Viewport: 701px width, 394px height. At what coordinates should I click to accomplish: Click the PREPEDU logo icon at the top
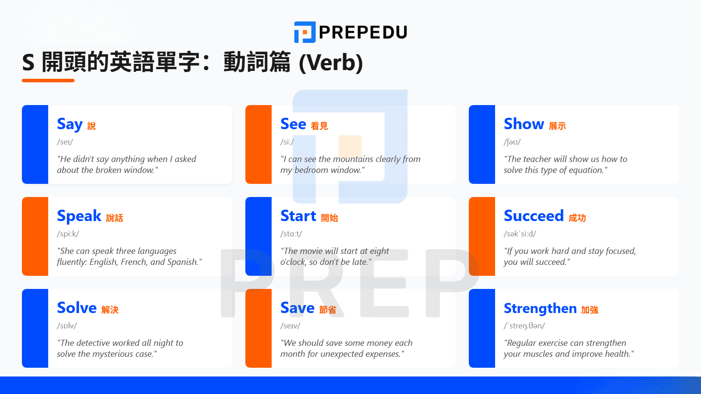[304, 32]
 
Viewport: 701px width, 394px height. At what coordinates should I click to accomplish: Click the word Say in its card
[70, 124]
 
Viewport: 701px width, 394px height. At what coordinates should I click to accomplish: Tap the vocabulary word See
[293, 124]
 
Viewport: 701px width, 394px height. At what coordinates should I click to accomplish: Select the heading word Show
[524, 124]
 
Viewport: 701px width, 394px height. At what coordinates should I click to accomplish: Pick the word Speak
[79, 216]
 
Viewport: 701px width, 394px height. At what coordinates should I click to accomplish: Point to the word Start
[298, 216]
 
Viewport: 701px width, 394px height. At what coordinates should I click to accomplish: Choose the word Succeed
[533, 216]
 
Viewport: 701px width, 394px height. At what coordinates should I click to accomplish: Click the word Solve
[77, 308]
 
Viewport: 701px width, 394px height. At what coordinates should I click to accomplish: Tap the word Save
[297, 308]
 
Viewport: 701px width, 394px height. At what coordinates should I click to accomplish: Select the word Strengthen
[540, 308]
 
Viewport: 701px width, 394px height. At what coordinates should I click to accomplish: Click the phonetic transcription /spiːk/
[68, 234]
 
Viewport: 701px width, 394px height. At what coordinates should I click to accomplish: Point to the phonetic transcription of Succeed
[520, 234]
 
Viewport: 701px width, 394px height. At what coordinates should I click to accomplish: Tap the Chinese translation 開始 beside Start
[329, 218]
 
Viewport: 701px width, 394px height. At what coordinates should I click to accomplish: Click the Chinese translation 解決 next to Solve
[110, 310]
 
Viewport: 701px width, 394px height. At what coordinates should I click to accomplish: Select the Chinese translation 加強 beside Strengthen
[590, 310]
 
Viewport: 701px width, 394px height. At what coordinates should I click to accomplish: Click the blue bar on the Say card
[35, 144]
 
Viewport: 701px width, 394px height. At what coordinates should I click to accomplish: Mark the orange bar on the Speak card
[35, 236]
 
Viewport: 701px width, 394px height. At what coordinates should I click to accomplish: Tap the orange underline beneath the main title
[48, 81]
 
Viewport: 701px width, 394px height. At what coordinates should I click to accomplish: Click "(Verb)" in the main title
[331, 63]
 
